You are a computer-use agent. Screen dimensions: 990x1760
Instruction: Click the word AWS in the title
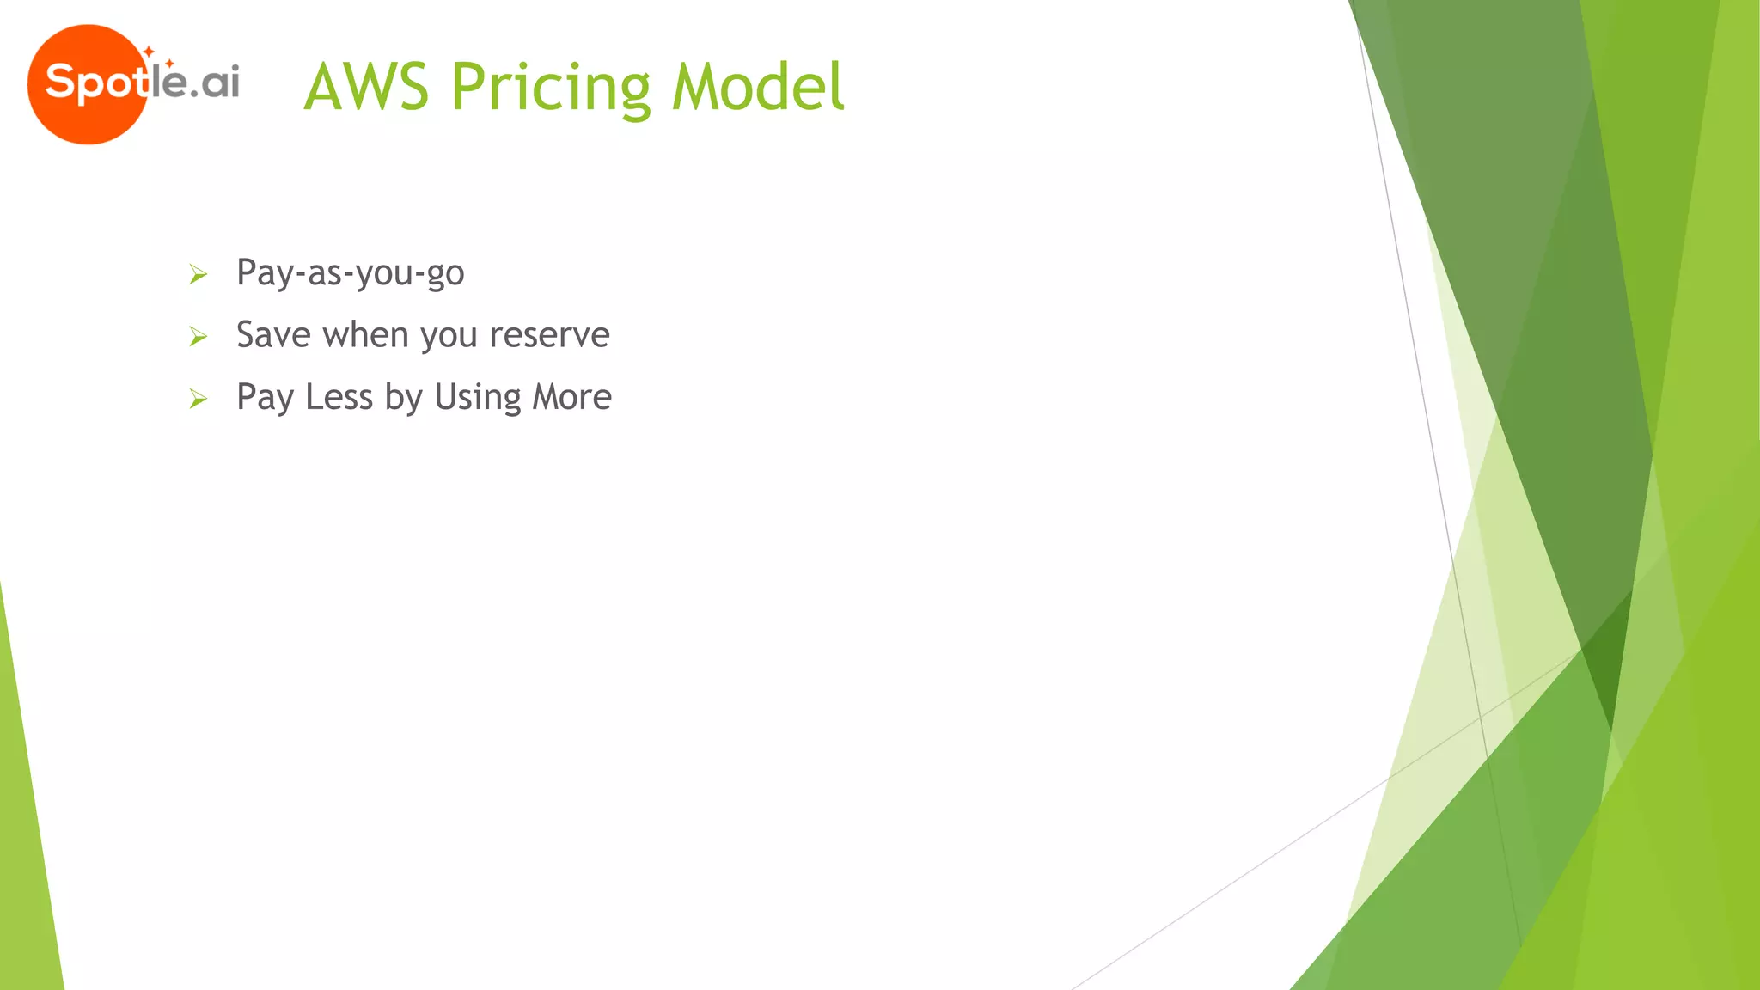[366, 88]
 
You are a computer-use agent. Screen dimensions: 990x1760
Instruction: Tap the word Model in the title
[758, 88]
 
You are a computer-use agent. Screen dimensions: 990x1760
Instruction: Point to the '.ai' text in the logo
[215, 83]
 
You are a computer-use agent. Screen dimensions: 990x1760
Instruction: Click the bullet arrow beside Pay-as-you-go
[199, 275]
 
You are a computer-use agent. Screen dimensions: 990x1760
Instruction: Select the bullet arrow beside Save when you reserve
[199, 337]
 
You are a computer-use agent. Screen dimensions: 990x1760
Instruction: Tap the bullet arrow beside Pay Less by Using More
[199, 400]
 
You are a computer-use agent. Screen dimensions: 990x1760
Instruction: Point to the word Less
[339, 398]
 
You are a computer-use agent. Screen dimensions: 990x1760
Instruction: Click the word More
[571, 398]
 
